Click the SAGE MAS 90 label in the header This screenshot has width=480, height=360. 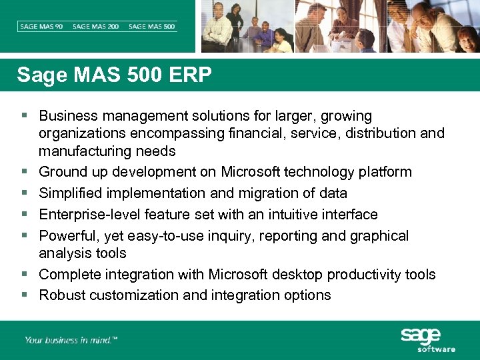coord(42,27)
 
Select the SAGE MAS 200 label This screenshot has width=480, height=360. coord(95,27)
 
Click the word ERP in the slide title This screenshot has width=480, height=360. coord(190,75)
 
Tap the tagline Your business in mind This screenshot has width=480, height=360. coord(71,340)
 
